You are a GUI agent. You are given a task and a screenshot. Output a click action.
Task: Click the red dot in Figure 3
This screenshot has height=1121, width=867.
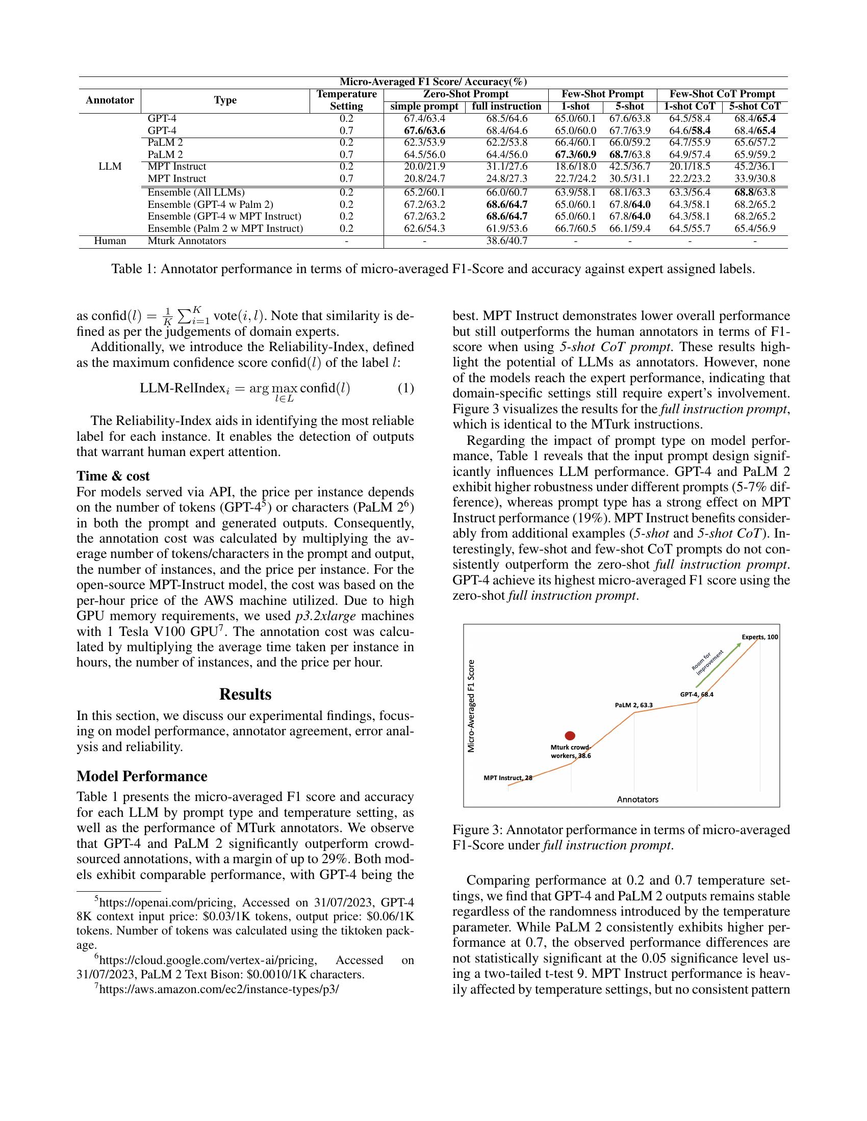click(570, 735)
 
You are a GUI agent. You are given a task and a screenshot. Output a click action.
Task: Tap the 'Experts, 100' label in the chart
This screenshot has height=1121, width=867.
click(760, 637)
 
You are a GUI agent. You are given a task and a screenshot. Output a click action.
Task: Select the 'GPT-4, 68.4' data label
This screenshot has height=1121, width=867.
click(697, 695)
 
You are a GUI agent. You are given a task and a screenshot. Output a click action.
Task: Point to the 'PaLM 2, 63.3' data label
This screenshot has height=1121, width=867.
click(633, 705)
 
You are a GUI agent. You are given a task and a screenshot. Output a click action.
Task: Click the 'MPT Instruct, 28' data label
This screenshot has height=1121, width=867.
click(507, 778)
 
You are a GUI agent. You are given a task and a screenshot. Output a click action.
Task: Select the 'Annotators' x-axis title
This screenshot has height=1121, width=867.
click(637, 799)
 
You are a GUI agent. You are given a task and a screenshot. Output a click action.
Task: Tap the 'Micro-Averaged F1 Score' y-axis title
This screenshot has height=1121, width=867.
click(471, 706)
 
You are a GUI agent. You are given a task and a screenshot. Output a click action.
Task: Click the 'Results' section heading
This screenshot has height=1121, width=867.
click(245, 695)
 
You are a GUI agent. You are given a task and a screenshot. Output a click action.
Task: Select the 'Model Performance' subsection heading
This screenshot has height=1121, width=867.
click(142, 776)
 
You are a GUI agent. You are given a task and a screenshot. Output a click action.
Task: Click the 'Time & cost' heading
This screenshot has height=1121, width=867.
click(113, 476)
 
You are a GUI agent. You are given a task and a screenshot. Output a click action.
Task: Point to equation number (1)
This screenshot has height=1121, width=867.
click(405, 388)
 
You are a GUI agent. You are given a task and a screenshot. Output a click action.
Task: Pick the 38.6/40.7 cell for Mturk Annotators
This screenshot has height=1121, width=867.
click(506, 241)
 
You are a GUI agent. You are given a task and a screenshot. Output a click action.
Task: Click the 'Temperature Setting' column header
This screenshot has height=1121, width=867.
click(346, 100)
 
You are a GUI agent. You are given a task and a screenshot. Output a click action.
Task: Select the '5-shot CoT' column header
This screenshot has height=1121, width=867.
click(754, 106)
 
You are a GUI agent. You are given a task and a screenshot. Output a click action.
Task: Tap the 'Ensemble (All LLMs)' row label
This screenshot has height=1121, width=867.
click(196, 193)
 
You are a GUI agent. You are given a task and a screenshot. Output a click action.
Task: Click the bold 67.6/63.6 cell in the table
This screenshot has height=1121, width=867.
click(424, 130)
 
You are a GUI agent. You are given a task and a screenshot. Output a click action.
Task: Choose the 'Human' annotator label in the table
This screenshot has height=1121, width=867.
click(110, 241)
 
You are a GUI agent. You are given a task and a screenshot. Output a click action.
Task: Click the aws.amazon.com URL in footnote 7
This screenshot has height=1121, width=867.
click(219, 989)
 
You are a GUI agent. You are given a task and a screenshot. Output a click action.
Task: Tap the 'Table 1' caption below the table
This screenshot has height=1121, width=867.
click(433, 269)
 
